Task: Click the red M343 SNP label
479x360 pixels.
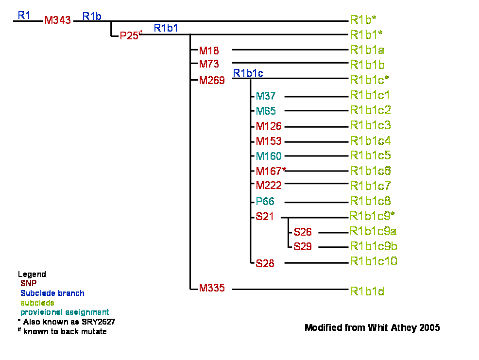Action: click(58, 20)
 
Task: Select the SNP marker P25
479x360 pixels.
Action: click(129, 36)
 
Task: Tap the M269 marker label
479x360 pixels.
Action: click(212, 80)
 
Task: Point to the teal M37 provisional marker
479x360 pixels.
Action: click(265, 96)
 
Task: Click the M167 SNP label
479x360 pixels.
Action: click(269, 171)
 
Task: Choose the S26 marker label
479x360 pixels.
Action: click(303, 232)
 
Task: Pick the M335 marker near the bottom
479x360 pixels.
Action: click(212, 288)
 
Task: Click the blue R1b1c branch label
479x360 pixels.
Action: click(248, 73)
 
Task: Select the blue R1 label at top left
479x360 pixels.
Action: click(24, 15)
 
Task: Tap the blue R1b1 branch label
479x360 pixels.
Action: click(166, 28)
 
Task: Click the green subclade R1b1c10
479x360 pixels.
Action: click(373, 261)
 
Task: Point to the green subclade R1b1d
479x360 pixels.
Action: click(367, 291)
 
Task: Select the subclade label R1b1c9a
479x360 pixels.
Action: click(373, 231)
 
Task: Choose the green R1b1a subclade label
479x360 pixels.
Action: click(367, 50)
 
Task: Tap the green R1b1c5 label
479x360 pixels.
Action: click(370, 155)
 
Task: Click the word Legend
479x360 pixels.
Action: click(32, 274)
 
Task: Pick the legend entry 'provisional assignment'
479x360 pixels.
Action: click(65, 312)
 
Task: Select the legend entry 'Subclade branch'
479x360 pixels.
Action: click(52, 293)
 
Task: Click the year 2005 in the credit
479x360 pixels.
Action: click(429, 327)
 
